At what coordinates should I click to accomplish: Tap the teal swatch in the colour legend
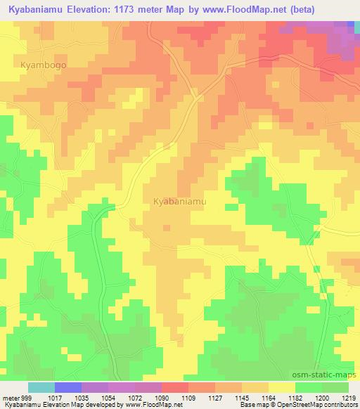click(x=41, y=387)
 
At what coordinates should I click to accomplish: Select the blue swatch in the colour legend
click(x=68, y=387)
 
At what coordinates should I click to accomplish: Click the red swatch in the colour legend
click(x=175, y=387)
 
